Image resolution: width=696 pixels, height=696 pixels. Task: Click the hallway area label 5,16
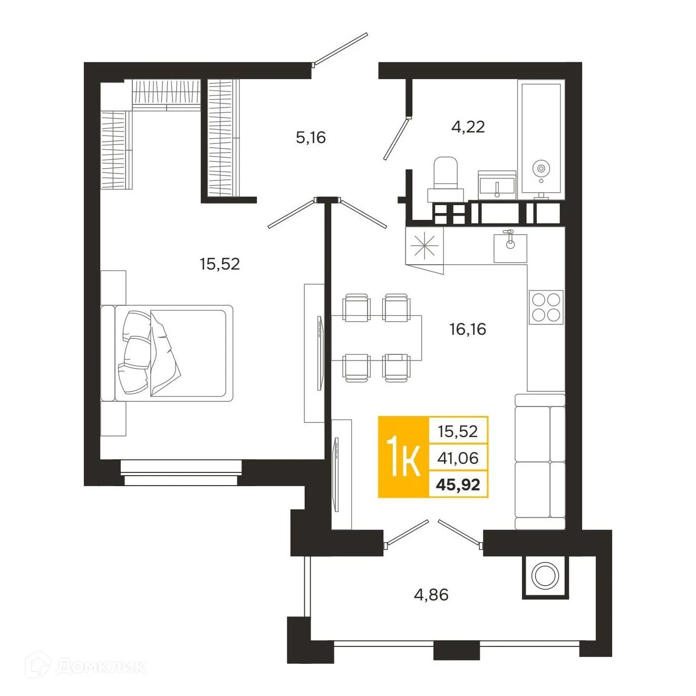[311, 138]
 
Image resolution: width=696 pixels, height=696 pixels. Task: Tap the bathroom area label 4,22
[468, 127]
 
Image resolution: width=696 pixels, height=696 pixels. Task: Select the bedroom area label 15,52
[219, 264]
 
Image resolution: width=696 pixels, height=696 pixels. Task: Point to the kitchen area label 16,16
[467, 330]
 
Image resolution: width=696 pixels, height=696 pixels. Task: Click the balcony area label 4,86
[431, 595]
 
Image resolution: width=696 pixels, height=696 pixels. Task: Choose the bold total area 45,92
[458, 485]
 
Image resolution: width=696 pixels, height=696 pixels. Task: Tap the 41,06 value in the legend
[458, 458]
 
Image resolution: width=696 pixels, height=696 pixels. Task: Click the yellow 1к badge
[403, 457]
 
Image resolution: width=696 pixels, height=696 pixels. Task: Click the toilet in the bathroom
[446, 178]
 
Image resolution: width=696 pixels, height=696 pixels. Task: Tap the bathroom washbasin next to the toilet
[497, 185]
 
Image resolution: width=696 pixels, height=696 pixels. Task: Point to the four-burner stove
[546, 307]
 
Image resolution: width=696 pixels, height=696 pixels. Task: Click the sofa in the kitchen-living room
[540, 461]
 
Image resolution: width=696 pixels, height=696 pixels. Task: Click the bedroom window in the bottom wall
[181, 472]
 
